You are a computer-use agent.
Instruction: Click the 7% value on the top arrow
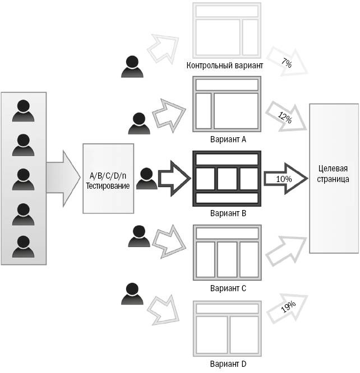pos(287,64)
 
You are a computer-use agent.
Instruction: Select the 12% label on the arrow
pos(285,116)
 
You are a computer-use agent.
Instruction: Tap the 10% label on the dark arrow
pos(284,178)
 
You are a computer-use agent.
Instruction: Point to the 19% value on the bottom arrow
pos(288,307)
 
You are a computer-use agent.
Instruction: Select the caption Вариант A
pos(227,139)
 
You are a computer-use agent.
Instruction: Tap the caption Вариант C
pos(227,288)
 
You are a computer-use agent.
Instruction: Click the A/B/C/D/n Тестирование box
pos(108,178)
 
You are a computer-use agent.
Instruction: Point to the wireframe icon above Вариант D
pos(227,328)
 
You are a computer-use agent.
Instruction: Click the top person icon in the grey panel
pos(23,110)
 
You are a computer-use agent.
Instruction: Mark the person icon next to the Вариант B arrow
pos(145,179)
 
